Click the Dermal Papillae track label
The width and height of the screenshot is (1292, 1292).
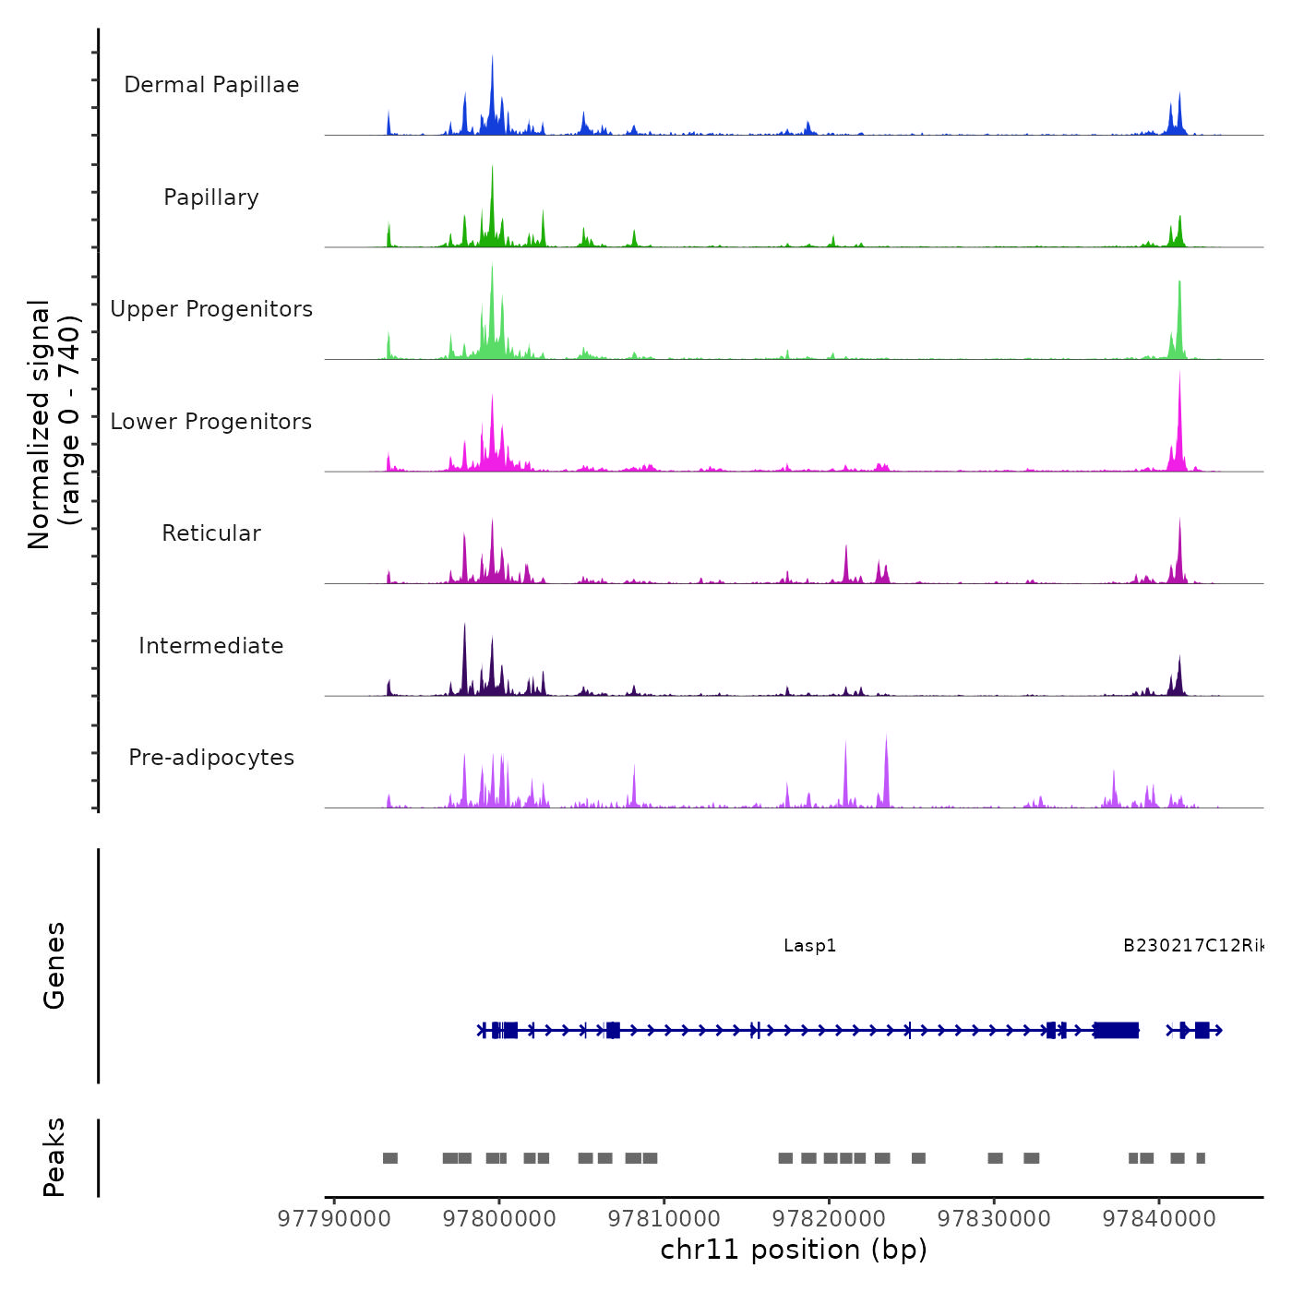211,85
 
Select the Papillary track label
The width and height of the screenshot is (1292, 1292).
211,197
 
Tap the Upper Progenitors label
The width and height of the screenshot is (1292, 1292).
211,309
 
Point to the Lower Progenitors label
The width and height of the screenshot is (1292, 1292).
211,422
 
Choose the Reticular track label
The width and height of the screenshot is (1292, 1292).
211,533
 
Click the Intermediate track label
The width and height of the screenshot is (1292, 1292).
211,646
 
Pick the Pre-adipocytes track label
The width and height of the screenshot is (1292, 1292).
211,758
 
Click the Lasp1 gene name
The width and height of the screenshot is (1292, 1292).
809,946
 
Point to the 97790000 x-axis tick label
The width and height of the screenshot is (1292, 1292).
334,1219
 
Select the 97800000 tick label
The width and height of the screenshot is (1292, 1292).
499,1219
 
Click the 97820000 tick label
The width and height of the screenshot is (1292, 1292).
829,1219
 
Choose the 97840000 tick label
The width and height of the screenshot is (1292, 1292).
1159,1219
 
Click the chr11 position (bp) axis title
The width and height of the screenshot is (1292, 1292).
794,1250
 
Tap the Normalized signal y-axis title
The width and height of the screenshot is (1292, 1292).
54,425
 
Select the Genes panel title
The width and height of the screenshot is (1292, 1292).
54,965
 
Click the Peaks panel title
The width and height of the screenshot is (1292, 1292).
54,1157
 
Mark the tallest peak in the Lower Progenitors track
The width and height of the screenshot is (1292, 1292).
1179,373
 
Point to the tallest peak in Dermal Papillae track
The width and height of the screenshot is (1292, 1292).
492,57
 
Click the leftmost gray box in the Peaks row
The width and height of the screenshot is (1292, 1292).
390,1158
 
